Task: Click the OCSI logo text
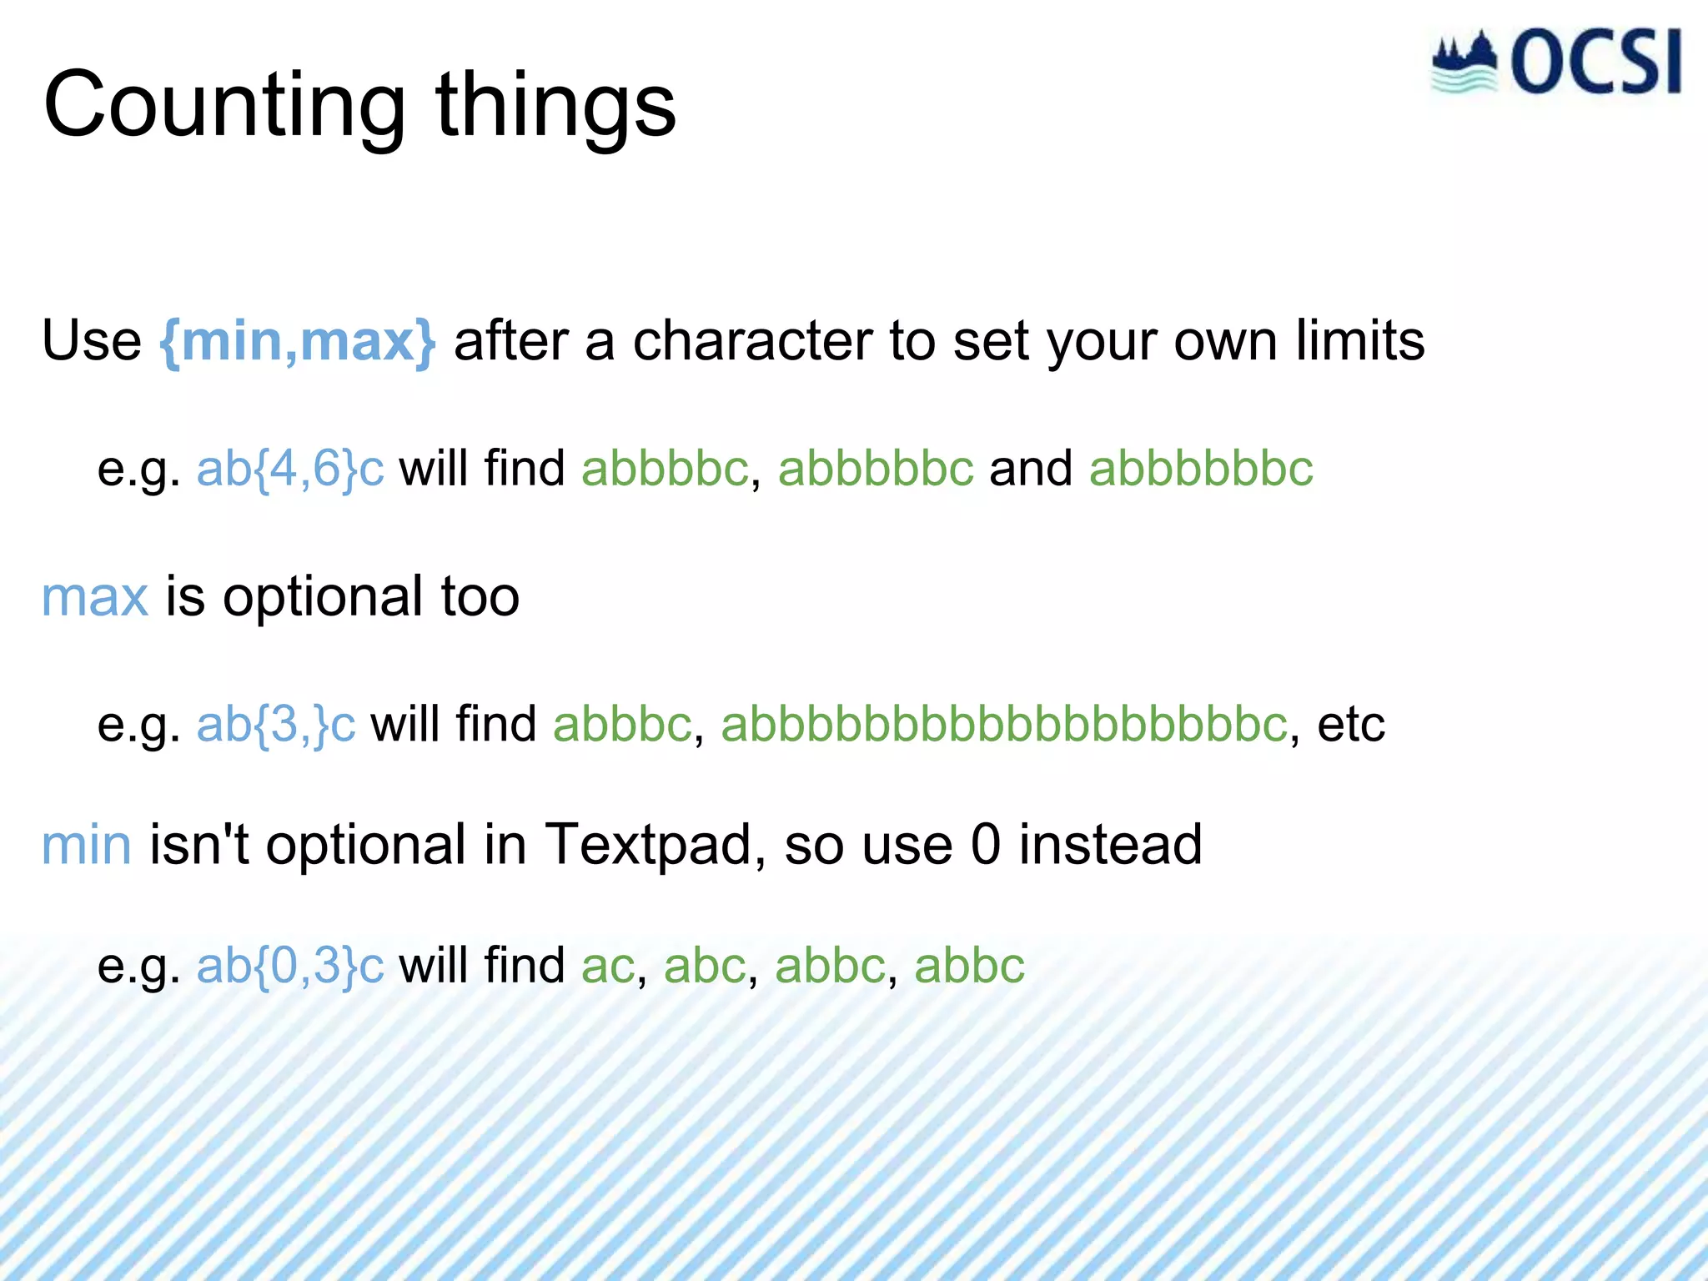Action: [x=1595, y=63]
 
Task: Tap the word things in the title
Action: [x=555, y=107]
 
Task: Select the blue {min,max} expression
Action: [x=297, y=341]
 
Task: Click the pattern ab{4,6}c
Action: [x=290, y=469]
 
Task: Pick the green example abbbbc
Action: [x=665, y=469]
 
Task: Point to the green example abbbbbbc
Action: [x=1201, y=469]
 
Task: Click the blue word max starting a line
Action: [x=95, y=597]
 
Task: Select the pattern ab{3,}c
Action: [x=276, y=724]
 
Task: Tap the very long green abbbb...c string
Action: [x=1004, y=724]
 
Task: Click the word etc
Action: [x=1351, y=724]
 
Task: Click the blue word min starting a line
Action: [x=87, y=845]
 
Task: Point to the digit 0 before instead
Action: [x=985, y=845]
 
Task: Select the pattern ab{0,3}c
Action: [x=290, y=966]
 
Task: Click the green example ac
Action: [x=608, y=966]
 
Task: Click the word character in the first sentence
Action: [x=751, y=341]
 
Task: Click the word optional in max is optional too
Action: [x=323, y=597]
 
